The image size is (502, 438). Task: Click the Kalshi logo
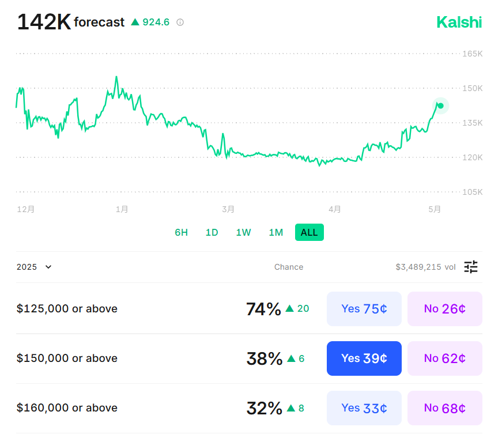[459, 22]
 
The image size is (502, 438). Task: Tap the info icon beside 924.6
[180, 22]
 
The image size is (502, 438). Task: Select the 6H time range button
[181, 232]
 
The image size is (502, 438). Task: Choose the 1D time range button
[212, 232]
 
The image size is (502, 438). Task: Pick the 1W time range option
[243, 232]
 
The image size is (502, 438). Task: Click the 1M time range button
[275, 232]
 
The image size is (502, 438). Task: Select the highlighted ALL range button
[309, 232]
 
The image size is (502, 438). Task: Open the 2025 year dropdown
[34, 267]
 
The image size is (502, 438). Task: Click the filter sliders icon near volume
[471, 267]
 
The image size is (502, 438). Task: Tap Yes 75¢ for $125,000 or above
[364, 309]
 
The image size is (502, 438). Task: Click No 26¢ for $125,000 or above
[444, 309]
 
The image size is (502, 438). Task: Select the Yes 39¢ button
[364, 358]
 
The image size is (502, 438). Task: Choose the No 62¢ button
[444, 358]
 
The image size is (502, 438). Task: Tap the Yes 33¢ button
[364, 408]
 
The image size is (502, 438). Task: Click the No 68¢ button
[444, 408]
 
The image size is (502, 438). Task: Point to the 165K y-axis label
[472, 54]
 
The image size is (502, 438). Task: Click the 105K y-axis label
[472, 192]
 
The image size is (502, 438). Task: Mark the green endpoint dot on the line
[440, 105]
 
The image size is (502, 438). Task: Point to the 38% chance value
[264, 358]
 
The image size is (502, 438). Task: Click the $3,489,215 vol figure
[425, 267]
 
